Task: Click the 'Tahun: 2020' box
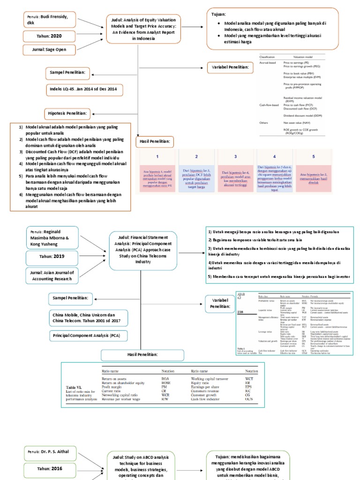(49, 36)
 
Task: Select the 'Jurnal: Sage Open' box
(49, 50)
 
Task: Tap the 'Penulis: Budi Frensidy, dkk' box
(49, 20)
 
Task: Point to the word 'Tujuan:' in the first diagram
(221, 15)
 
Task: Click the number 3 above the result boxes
(236, 157)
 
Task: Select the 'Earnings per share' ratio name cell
(207, 388)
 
